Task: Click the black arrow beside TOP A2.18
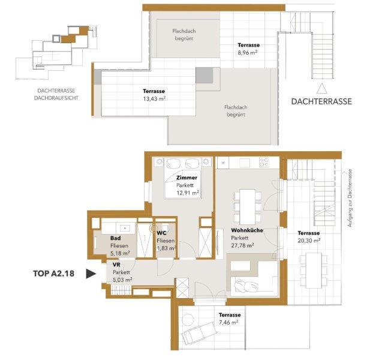[x=91, y=274]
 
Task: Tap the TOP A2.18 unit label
[x=54, y=274]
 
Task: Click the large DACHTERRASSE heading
[x=321, y=101]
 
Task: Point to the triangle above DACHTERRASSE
[x=321, y=88]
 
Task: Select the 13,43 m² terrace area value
[x=154, y=99]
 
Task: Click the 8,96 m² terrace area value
[x=248, y=53]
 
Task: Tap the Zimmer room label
[x=186, y=178]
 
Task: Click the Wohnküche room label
[x=247, y=230]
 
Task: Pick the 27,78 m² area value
[x=242, y=245]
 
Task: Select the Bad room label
[x=115, y=238]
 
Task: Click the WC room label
[x=161, y=233]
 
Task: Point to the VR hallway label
[x=116, y=265]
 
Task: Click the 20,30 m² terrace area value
[x=309, y=241]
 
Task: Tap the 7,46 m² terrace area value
[x=228, y=323]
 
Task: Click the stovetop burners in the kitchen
[x=264, y=162]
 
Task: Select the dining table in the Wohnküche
[x=248, y=207]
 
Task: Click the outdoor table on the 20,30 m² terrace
[x=314, y=270]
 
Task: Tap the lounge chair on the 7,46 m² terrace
[x=199, y=333]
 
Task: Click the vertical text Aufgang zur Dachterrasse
[x=350, y=198]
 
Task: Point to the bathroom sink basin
[x=124, y=228]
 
